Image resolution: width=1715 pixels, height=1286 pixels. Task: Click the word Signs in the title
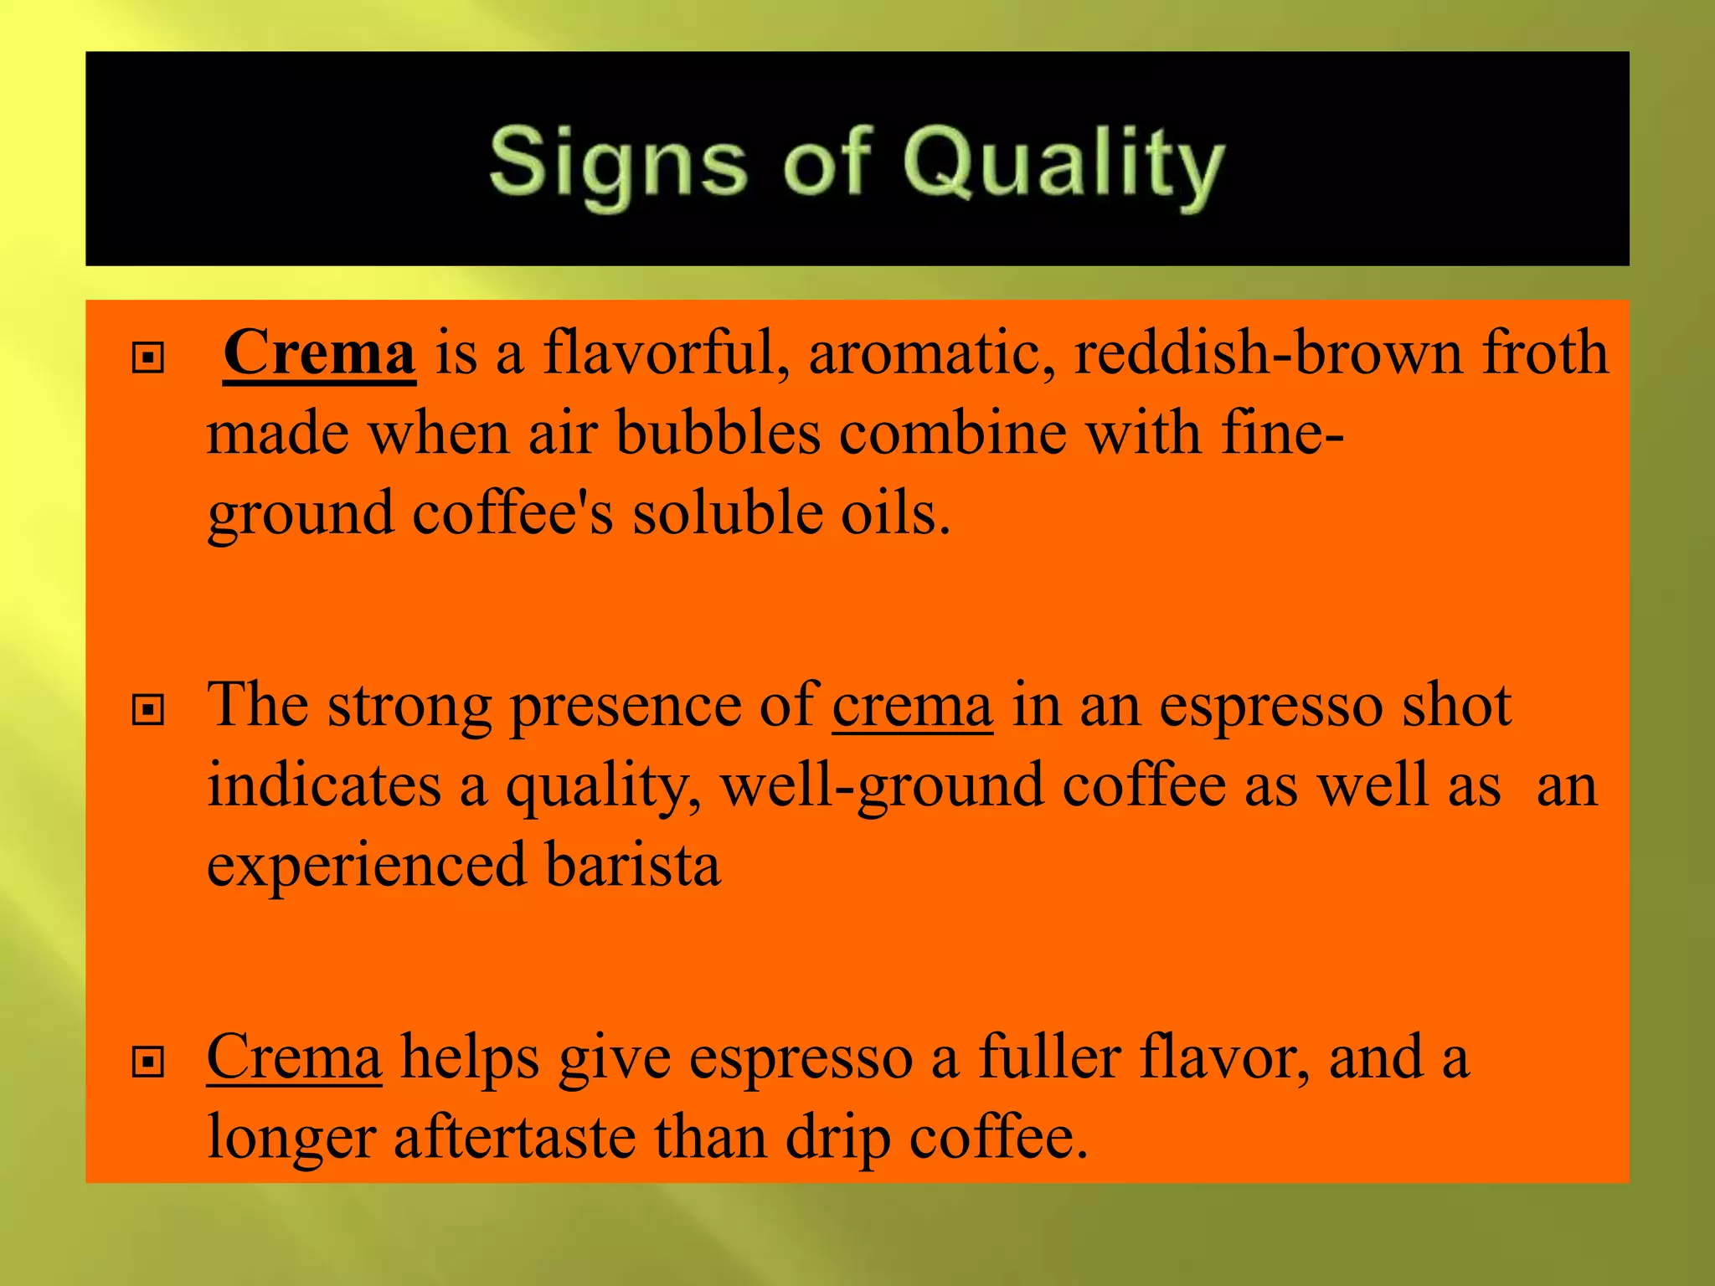pos(617,163)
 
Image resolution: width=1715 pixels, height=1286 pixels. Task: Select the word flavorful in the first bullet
pos(666,352)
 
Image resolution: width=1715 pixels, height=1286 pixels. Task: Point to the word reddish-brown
pos(1269,352)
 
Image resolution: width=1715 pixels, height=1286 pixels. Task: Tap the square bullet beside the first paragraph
pos(148,358)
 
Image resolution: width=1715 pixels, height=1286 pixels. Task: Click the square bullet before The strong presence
pos(148,711)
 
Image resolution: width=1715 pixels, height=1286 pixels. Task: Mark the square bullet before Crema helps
pos(148,1062)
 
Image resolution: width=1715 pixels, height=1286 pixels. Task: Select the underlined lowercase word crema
pos(913,706)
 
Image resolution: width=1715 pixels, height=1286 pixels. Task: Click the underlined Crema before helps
pos(294,1057)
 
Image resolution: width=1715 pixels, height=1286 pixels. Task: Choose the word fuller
pos(1050,1057)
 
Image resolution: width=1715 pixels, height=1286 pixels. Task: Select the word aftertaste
pos(514,1137)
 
